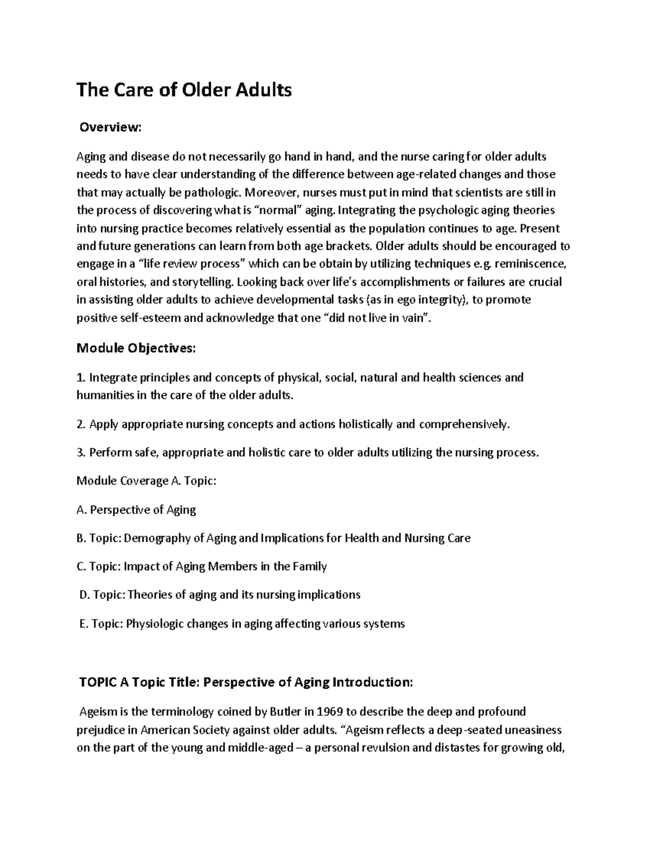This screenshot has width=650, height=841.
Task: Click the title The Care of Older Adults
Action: point(184,90)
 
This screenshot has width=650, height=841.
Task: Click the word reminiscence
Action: point(531,264)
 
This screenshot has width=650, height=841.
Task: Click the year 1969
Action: point(331,711)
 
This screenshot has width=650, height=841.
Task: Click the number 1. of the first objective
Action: point(81,377)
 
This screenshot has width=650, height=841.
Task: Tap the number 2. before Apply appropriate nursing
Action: point(81,424)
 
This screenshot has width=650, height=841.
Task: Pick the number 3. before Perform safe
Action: point(81,453)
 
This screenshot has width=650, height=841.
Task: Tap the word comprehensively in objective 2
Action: point(463,424)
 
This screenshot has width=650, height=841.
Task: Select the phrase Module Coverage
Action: point(122,481)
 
